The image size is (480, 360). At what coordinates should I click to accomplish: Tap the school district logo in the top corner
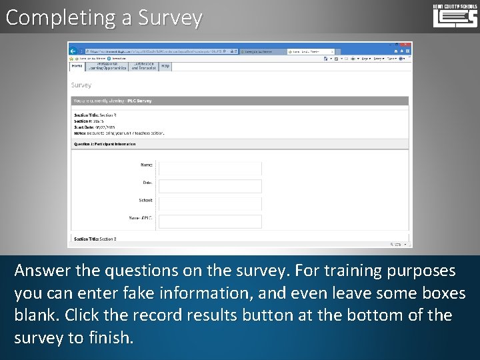(x=455, y=15)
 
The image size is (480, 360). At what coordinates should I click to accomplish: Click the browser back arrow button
(x=74, y=51)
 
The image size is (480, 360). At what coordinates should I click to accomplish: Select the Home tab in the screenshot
(x=77, y=66)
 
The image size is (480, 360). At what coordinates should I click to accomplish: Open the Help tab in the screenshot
(x=165, y=66)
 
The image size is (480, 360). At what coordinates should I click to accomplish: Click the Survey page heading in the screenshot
(x=81, y=85)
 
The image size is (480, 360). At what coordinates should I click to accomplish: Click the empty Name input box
(x=210, y=168)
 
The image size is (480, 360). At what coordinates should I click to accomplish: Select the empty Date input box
(x=210, y=186)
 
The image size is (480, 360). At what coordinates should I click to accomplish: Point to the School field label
(x=145, y=200)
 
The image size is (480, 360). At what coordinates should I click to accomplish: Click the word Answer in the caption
(x=42, y=271)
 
